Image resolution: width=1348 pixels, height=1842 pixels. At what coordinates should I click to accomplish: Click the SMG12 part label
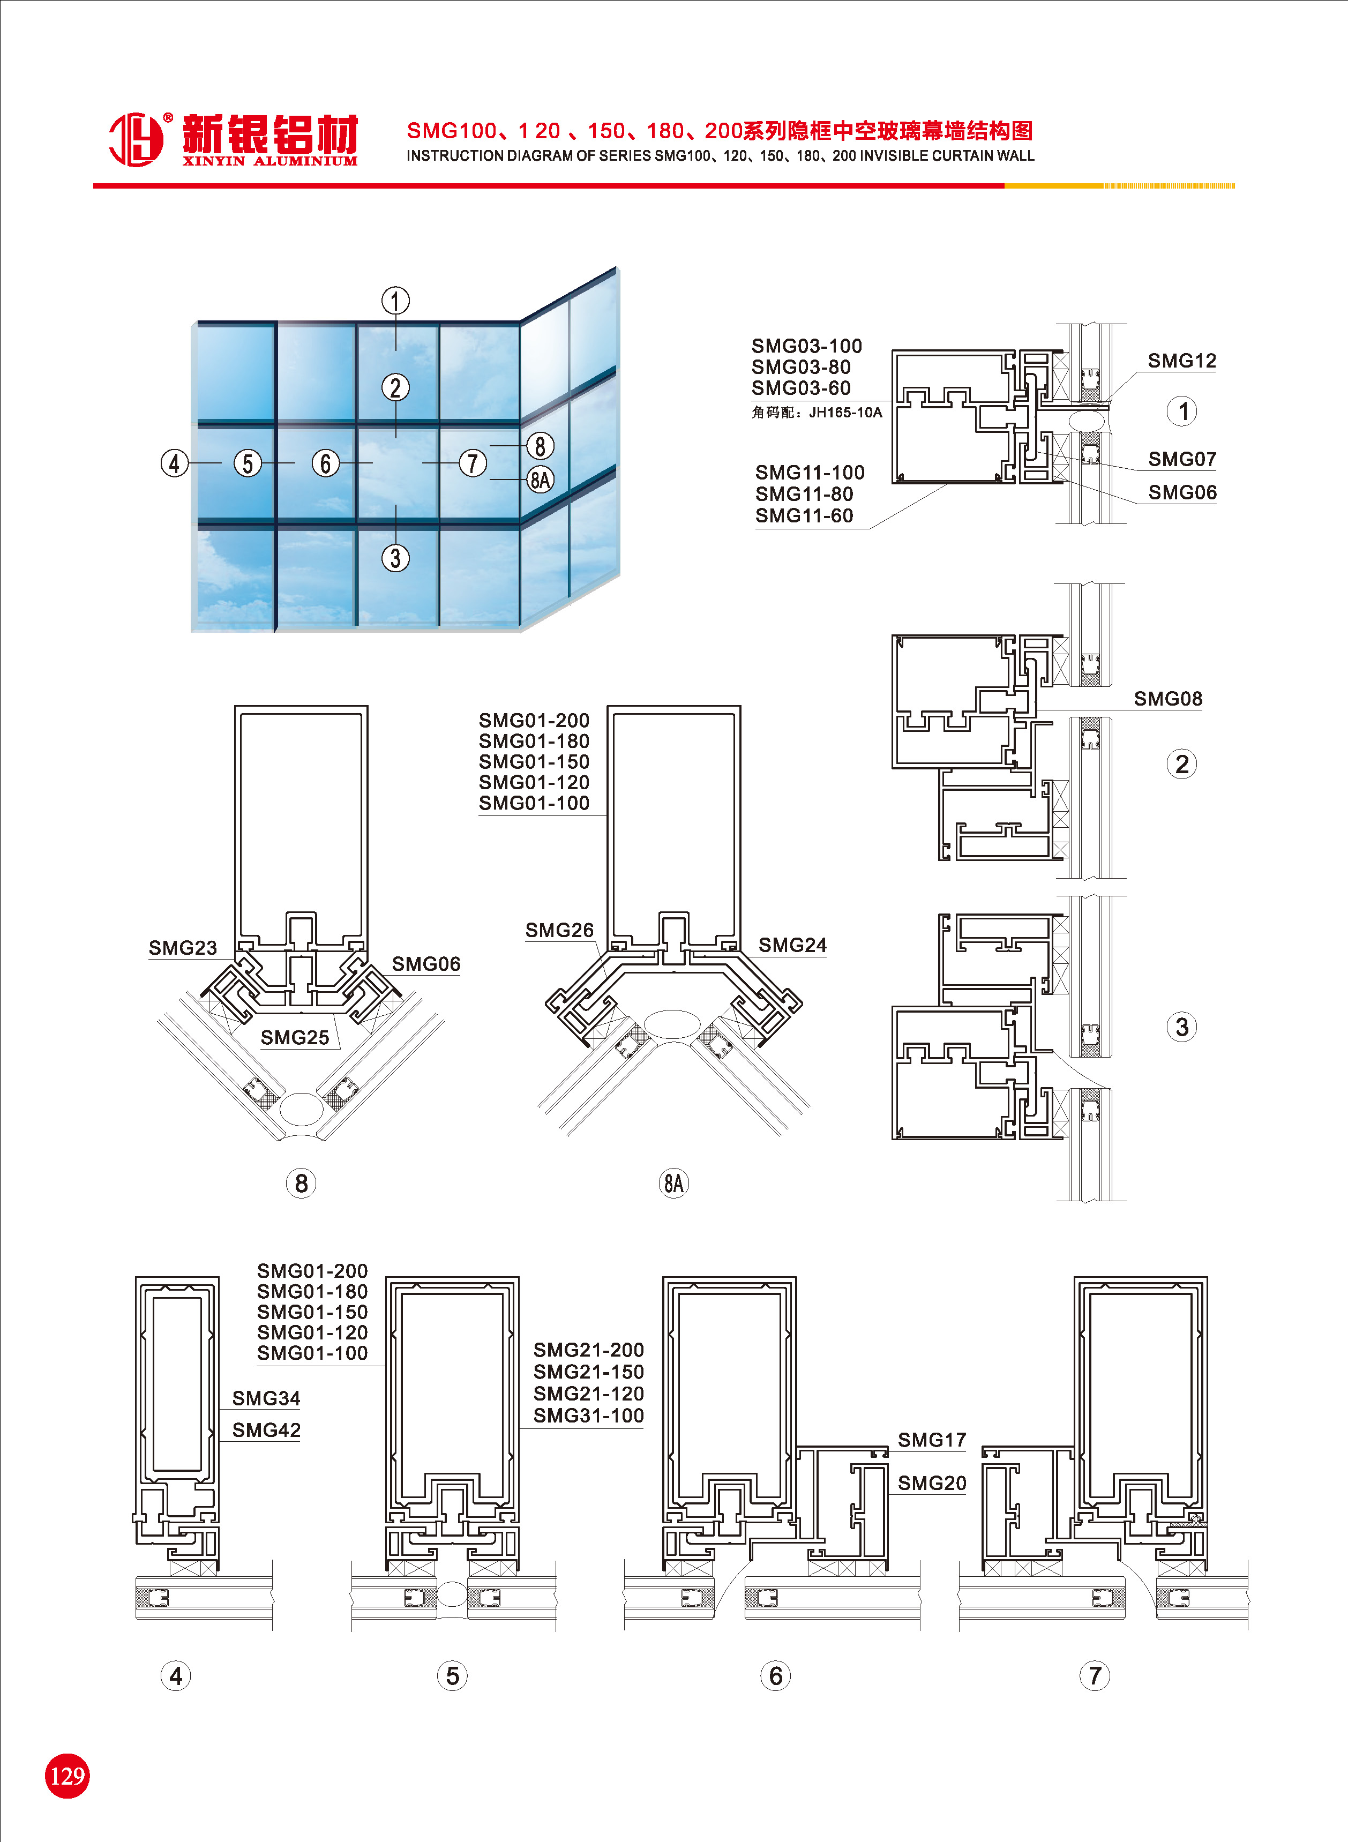click(x=1181, y=361)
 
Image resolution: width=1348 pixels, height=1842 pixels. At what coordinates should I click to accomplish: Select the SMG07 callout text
click(x=1181, y=459)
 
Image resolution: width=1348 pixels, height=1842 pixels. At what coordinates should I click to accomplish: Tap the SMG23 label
click(x=183, y=948)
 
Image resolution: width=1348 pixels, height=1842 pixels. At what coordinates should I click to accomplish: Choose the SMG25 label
click(x=295, y=1038)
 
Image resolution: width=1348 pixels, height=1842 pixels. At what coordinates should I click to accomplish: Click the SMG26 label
click(x=559, y=930)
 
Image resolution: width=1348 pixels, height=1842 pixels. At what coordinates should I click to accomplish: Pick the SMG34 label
click(x=266, y=1398)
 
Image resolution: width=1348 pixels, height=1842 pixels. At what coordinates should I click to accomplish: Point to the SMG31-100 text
click(x=588, y=1416)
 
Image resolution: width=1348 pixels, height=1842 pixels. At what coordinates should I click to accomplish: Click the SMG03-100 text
click(x=806, y=346)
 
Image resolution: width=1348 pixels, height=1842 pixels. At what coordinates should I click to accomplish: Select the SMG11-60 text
click(x=804, y=515)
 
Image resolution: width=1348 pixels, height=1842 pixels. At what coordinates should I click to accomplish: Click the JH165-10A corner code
click(x=845, y=413)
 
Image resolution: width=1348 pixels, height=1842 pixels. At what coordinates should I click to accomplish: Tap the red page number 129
click(x=67, y=1776)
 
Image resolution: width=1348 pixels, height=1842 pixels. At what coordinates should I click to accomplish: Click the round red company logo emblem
click(x=136, y=139)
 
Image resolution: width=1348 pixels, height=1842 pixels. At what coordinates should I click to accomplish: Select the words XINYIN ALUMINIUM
click(x=269, y=161)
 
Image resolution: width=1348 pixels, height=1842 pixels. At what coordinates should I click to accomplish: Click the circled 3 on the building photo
click(x=396, y=559)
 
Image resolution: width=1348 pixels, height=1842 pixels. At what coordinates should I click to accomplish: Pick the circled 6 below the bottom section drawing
click(x=775, y=1676)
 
